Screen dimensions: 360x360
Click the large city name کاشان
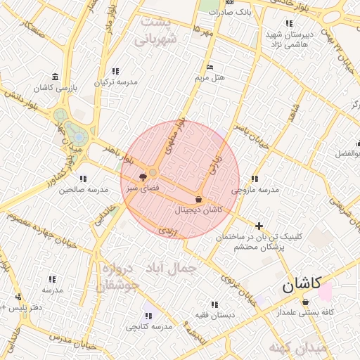302,285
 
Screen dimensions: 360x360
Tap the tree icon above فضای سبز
143,176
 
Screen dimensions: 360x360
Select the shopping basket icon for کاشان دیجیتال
198,199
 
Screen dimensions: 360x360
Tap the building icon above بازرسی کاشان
55,77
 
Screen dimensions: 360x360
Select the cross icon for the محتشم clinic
259,226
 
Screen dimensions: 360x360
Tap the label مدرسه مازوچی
255,190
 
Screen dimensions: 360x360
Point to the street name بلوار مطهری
174,136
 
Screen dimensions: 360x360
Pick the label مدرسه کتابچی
148,327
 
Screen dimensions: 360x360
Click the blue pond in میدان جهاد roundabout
79,136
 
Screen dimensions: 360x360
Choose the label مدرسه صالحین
84,189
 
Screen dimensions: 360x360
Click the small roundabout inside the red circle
153,172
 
